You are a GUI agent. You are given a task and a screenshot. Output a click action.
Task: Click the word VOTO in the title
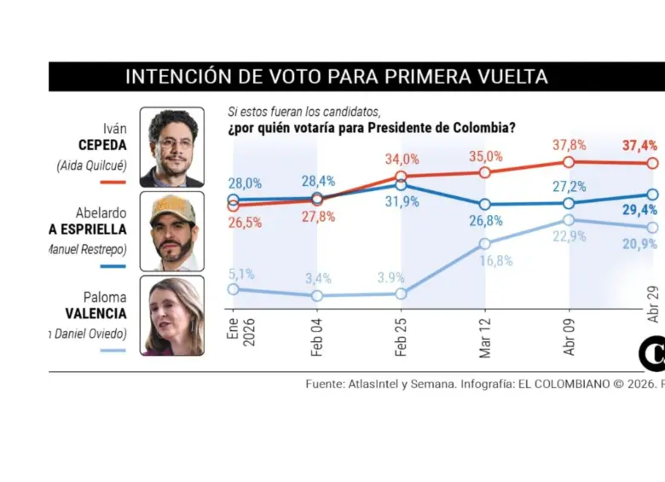[x=290, y=76]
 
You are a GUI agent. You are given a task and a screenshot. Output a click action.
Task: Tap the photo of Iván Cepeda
[x=172, y=147]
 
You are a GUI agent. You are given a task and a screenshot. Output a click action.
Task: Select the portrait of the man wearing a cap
[x=172, y=230]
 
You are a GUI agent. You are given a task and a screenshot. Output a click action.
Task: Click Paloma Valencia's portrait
[x=172, y=315]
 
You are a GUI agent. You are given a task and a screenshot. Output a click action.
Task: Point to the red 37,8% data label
[x=569, y=145]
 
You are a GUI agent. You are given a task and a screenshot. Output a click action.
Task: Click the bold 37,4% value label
[x=639, y=146]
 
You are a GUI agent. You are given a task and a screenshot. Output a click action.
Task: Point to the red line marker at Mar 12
[x=485, y=172]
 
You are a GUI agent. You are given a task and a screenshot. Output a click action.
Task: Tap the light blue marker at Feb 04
[x=317, y=295]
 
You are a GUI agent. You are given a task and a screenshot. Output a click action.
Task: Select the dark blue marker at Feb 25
[x=401, y=184]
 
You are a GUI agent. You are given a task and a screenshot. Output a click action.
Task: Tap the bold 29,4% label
[x=639, y=210]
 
